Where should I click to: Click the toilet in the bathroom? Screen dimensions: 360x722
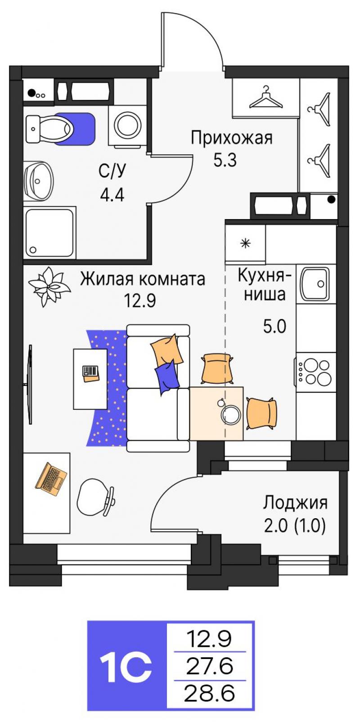click(x=48, y=129)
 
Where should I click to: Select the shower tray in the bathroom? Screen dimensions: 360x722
click(x=49, y=233)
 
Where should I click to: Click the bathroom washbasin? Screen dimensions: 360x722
click(x=38, y=181)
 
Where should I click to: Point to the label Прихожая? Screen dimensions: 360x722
click(x=231, y=138)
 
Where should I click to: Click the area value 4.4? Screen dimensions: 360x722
click(x=112, y=195)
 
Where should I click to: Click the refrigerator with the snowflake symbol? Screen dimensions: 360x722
click(x=246, y=243)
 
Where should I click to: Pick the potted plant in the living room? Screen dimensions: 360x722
click(x=49, y=287)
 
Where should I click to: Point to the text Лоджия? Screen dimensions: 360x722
click(x=295, y=503)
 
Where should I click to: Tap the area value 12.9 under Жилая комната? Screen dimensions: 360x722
click(x=140, y=301)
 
